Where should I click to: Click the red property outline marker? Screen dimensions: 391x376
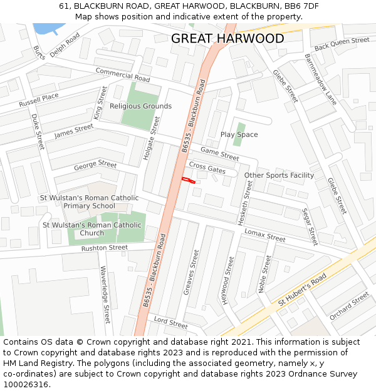pos(188,180)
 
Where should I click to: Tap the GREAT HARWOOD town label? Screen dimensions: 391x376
pos(227,39)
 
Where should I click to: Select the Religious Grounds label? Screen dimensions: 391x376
pos(140,106)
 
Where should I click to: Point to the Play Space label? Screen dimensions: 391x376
pos(239,135)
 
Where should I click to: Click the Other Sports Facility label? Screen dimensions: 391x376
pos(279,175)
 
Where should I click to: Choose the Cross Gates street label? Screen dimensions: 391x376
pos(207,168)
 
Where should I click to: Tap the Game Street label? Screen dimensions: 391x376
pos(219,154)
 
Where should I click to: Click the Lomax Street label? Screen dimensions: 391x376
pos(264,235)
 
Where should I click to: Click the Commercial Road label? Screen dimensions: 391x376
pos(123,75)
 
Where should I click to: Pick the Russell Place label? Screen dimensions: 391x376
pos(38,99)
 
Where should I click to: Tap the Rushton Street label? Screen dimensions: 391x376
pos(104,248)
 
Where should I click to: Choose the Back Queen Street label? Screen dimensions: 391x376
pos(342,44)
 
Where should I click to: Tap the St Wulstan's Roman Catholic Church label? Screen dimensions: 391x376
pos(91,229)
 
